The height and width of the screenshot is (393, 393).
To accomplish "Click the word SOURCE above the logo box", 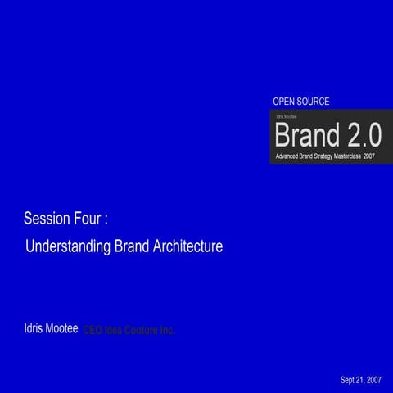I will (314, 101).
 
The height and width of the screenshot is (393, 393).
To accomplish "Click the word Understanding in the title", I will (68, 246).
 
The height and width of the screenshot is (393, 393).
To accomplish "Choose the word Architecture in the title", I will (187, 246).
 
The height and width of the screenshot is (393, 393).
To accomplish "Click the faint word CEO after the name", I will (93, 330).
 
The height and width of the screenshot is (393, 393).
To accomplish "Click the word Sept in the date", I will (349, 380).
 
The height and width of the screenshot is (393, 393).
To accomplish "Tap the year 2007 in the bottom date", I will (373, 380).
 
